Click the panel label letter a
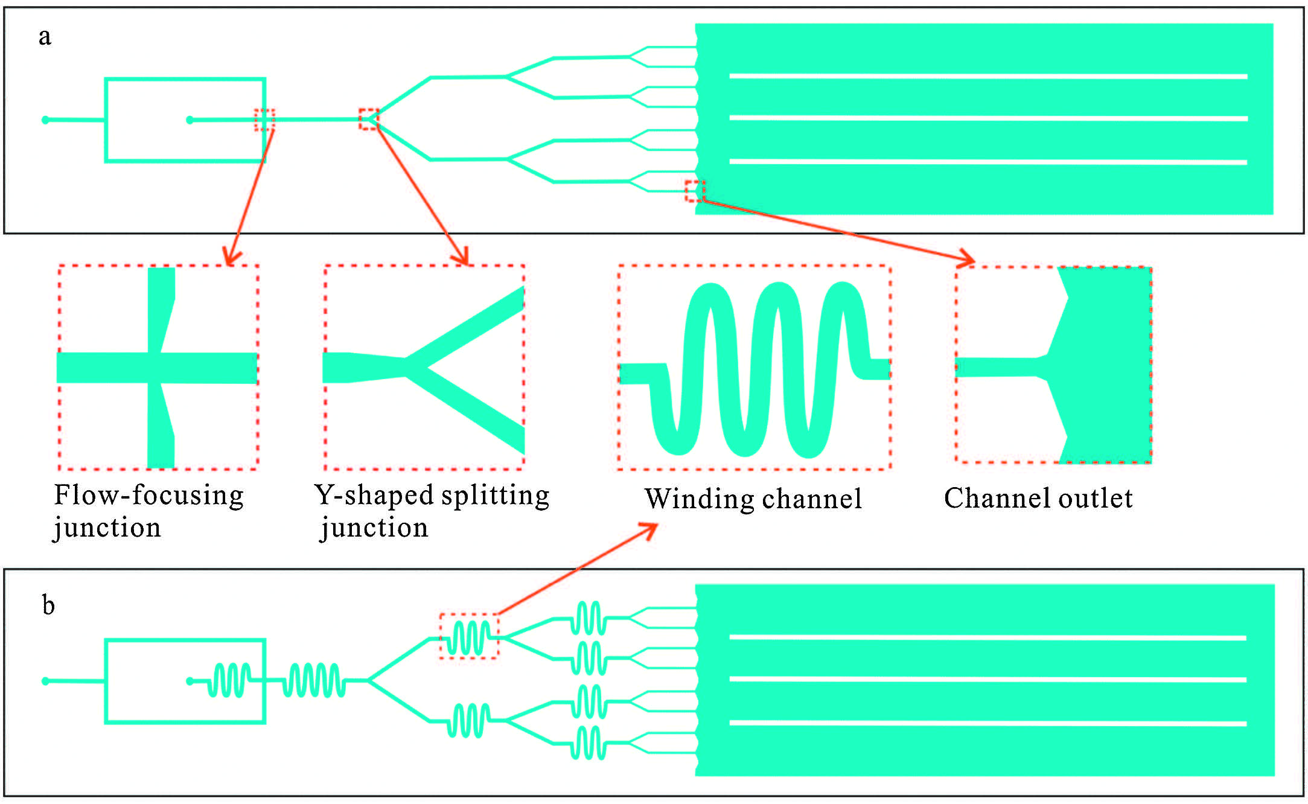pos(45,37)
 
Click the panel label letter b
pos(48,605)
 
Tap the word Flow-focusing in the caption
pos(148,495)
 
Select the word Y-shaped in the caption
pos(374,495)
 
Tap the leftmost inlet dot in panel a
pos(45,120)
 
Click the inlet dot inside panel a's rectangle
pos(190,120)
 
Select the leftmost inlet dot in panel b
pos(45,681)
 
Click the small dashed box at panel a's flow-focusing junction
pos(264,120)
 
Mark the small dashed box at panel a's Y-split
pos(369,119)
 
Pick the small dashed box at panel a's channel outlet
pos(695,191)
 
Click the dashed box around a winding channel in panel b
pos(469,636)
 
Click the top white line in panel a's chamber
pos(988,77)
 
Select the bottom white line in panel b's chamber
pos(988,723)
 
